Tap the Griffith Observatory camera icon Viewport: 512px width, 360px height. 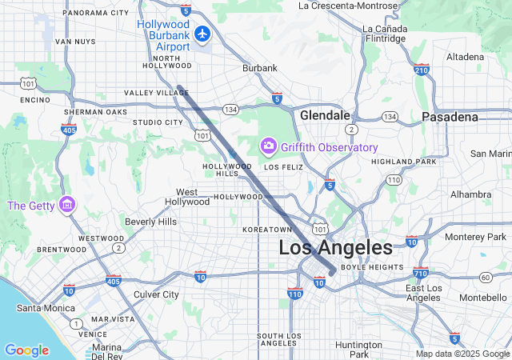(x=268, y=146)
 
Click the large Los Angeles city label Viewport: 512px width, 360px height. (x=336, y=247)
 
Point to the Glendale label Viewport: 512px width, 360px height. (x=325, y=116)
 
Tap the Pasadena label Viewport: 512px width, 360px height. (x=450, y=117)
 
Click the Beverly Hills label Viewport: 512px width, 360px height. (x=150, y=222)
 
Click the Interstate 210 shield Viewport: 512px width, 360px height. (x=421, y=70)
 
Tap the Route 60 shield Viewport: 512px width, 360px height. (x=486, y=278)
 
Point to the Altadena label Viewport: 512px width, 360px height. (x=465, y=58)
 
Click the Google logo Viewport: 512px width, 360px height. (x=26, y=350)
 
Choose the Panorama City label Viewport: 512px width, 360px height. (x=95, y=13)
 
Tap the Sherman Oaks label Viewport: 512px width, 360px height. (x=95, y=112)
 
